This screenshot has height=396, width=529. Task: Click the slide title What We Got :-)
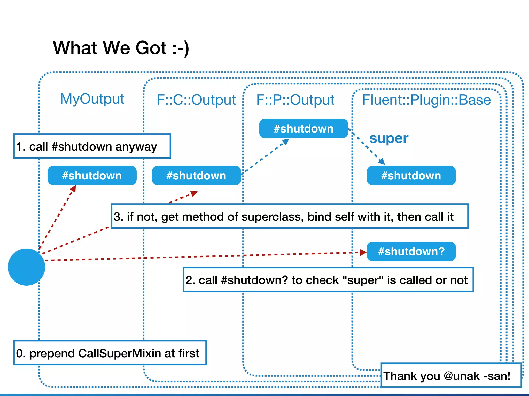tap(121, 48)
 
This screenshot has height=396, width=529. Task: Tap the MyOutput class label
tap(92, 99)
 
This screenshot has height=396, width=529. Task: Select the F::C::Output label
tap(196, 100)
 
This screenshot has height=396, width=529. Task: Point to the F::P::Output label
tap(295, 100)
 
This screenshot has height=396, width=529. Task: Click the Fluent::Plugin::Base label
tap(426, 100)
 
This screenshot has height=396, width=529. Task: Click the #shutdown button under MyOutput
tap(92, 176)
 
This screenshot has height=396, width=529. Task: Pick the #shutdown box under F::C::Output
tap(196, 176)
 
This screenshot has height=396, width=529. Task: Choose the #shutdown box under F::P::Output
tap(304, 129)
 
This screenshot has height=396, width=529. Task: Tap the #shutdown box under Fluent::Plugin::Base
tap(411, 176)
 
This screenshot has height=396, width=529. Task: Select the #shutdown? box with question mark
tap(411, 251)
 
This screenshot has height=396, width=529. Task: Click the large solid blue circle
tap(26, 267)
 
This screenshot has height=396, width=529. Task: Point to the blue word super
tap(389, 138)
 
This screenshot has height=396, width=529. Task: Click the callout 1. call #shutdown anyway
tap(92, 146)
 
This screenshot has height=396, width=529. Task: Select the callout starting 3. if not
tap(289, 216)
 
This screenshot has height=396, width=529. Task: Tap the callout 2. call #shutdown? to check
tap(328, 280)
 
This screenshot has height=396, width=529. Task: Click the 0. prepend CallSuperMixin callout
tap(110, 353)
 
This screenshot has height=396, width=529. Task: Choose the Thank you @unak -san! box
tap(451, 375)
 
